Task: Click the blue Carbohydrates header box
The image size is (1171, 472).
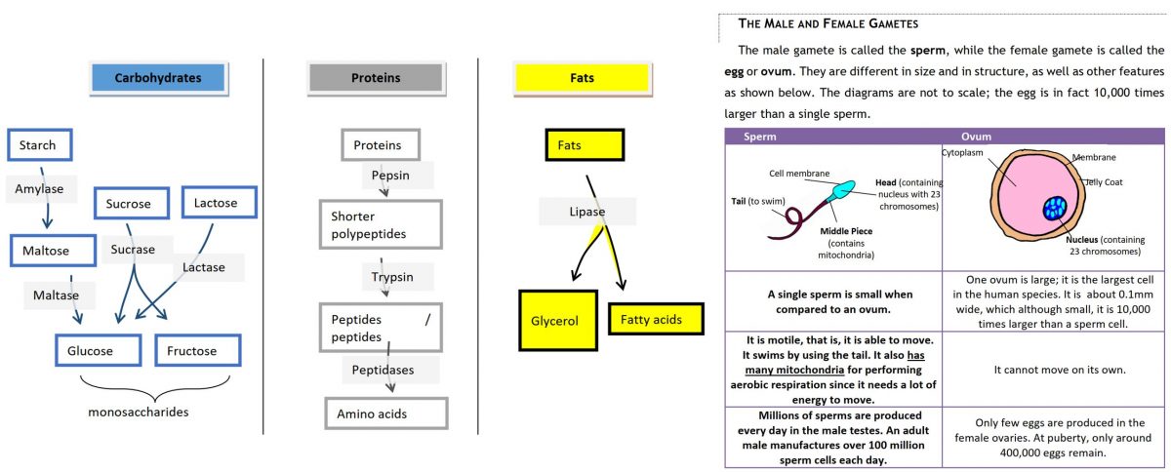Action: click(157, 78)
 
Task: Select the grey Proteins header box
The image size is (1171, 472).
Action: click(375, 78)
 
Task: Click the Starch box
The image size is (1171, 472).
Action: click(39, 145)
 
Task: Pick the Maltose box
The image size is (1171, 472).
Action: click(53, 251)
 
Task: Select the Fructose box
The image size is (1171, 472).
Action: click(197, 350)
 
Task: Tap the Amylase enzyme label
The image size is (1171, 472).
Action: click(39, 189)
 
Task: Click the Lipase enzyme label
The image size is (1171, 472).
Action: click(587, 212)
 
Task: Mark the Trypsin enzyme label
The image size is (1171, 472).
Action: click(392, 277)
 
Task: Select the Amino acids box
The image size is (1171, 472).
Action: click(385, 413)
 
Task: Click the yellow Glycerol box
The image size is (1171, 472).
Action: click(557, 320)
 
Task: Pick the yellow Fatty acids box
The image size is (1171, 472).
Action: click(655, 319)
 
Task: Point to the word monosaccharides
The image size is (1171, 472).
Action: click(138, 412)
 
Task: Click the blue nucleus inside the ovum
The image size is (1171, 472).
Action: click(1055, 208)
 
